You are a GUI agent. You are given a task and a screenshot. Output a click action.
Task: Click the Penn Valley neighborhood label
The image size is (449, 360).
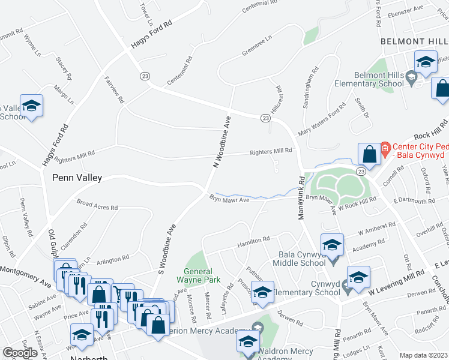(x=77, y=178)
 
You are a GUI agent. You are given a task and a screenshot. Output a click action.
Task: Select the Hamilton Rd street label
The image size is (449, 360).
(x=253, y=240)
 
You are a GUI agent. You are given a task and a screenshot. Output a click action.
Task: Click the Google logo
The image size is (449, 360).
(x=20, y=353)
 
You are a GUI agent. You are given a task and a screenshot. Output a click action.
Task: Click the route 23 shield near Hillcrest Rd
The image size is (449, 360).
(x=265, y=118)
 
